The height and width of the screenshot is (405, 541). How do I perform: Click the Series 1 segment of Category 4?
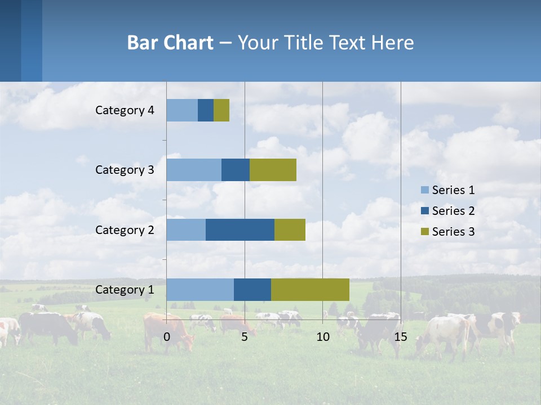click(x=182, y=110)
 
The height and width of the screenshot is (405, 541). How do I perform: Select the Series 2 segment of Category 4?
click(x=206, y=110)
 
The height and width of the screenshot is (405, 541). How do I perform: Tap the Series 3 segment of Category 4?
click(x=221, y=110)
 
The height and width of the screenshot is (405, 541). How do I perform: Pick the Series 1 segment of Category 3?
click(x=194, y=170)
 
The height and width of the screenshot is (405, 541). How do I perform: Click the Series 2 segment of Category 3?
click(x=236, y=170)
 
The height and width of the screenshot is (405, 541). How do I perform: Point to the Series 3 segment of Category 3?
click(x=273, y=170)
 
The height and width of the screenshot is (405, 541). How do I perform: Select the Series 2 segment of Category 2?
click(x=240, y=229)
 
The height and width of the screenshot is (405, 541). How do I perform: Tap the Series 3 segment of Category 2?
click(x=290, y=229)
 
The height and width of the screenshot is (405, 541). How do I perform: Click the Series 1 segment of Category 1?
click(x=200, y=289)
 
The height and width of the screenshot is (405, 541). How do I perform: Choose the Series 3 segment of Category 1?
click(x=310, y=289)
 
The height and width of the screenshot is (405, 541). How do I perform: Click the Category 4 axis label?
click(x=125, y=110)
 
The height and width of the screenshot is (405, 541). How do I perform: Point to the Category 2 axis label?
click(x=125, y=229)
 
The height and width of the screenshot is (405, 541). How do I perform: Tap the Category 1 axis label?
click(x=125, y=290)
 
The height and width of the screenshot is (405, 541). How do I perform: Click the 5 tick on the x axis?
click(x=245, y=337)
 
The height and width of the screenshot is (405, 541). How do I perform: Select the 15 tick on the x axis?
click(x=401, y=337)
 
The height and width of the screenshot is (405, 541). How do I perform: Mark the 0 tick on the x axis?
click(x=167, y=337)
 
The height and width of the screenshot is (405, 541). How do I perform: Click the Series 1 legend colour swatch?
click(x=425, y=190)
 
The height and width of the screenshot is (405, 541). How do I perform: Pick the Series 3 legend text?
click(x=453, y=232)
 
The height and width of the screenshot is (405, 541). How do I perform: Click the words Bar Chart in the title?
click(x=170, y=42)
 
